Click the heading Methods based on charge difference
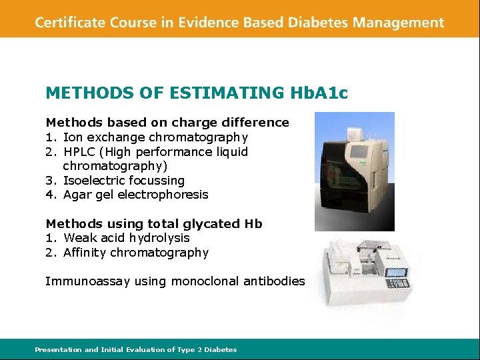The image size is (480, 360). (x=167, y=123)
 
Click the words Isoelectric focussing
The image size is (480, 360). (x=124, y=181)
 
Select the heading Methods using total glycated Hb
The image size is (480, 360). (x=154, y=224)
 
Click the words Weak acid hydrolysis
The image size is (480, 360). (x=127, y=238)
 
